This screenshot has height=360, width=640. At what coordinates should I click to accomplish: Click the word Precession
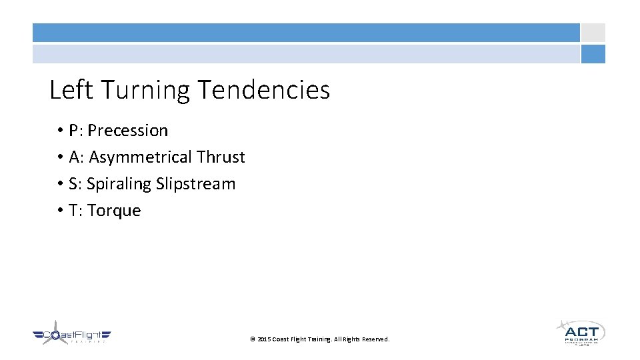tap(128, 131)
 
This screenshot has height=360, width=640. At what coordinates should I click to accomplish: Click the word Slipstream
tap(196, 184)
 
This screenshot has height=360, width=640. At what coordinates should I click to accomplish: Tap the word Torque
tap(114, 211)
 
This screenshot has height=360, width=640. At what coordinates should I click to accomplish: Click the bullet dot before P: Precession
tap(59, 131)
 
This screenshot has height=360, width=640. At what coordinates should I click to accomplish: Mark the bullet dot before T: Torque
tap(59, 211)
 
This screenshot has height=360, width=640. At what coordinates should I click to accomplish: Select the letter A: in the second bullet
tap(77, 157)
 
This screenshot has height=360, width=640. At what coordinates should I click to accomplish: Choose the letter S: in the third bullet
tap(75, 184)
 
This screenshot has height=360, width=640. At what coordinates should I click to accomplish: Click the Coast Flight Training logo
tap(72, 335)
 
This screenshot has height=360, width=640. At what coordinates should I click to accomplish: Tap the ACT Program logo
tap(581, 332)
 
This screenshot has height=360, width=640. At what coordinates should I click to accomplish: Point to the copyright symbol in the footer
tap(253, 339)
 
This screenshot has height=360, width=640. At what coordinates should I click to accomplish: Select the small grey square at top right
tap(593, 33)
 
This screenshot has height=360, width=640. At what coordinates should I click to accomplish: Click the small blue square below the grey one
tap(593, 54)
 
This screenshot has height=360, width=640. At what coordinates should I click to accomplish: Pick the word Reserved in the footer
tap(375, 339)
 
